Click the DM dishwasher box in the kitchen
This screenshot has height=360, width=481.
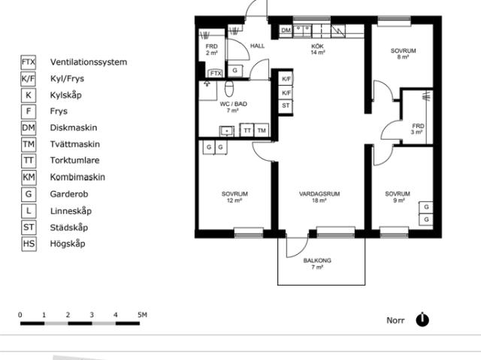286,30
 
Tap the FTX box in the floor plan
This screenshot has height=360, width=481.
216,74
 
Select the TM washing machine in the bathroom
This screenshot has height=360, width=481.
262,130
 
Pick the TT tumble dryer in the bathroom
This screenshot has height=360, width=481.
247,130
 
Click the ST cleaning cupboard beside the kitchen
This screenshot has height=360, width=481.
286,105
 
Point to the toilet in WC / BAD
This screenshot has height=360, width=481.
229,88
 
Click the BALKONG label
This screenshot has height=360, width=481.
317,261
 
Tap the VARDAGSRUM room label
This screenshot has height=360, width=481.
319,194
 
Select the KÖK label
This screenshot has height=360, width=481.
317,46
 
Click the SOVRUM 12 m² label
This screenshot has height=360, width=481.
234,197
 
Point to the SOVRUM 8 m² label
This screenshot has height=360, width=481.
403,53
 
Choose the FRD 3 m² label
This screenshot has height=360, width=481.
418,129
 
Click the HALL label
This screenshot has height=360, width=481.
257,46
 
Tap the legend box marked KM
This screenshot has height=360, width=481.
29,177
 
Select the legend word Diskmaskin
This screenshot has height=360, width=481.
74,128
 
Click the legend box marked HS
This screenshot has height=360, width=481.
29,244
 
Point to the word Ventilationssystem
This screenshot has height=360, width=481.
89,62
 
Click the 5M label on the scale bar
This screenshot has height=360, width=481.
142,315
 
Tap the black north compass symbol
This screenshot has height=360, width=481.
422,320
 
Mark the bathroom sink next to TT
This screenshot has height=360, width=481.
227,131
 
